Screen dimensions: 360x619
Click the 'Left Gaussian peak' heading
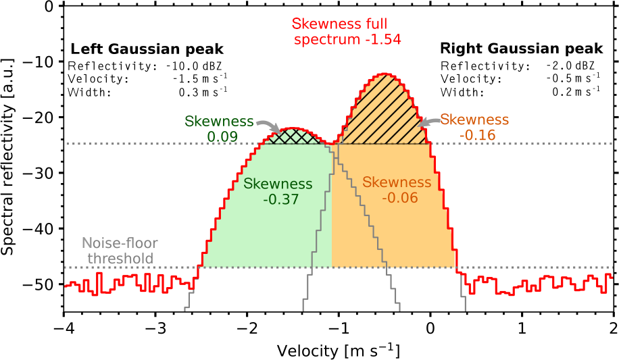coord(147,49)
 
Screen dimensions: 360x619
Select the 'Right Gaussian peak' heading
coord(520,49)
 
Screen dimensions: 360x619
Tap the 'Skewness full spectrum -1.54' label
coord(347,31)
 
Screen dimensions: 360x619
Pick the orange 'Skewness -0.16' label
coord(474,127)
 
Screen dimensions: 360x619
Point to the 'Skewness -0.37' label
coord(278,191)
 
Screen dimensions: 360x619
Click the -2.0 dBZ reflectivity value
coord(572,66)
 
